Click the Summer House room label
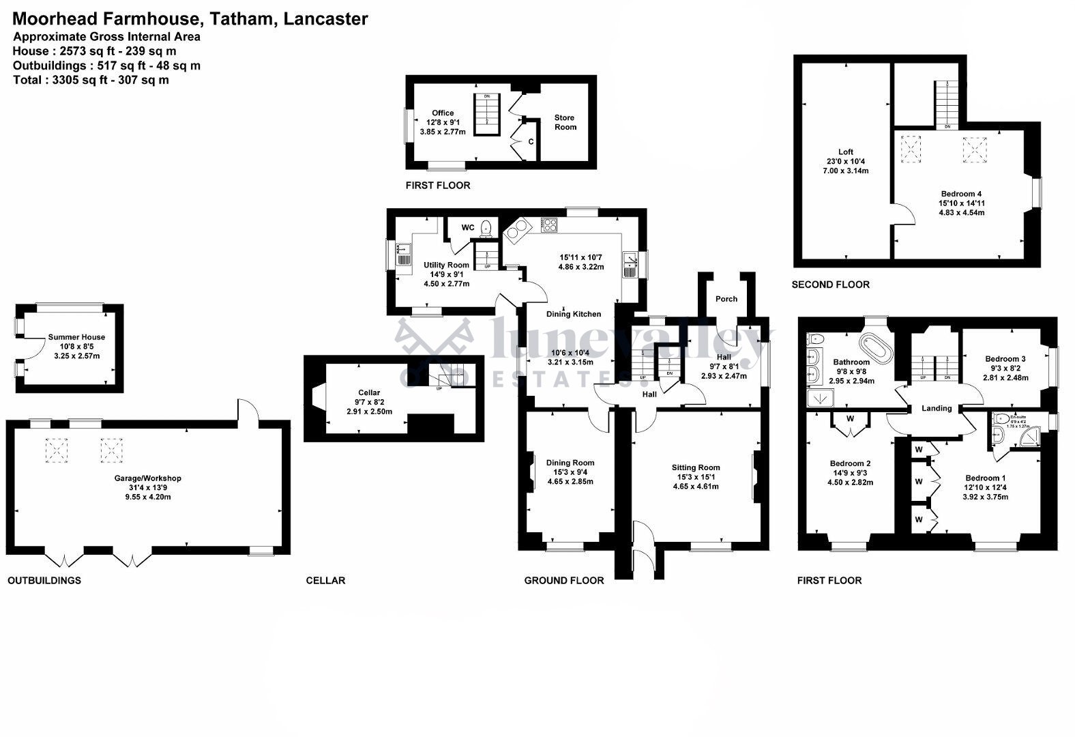pos(76,337)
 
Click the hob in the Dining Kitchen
pos(550,225)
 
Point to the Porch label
pos(726,299)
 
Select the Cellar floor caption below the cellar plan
pos(325,581)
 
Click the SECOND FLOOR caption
pos(830,285)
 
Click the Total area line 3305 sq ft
pos(91,80)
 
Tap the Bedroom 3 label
pos(1005,359)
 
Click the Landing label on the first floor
pos(937,408)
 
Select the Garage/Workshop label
pos(147,478)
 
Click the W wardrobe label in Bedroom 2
pos(850,418)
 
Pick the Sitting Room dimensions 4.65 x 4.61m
pos(695,487)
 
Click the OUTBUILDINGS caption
pos(44,581)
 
